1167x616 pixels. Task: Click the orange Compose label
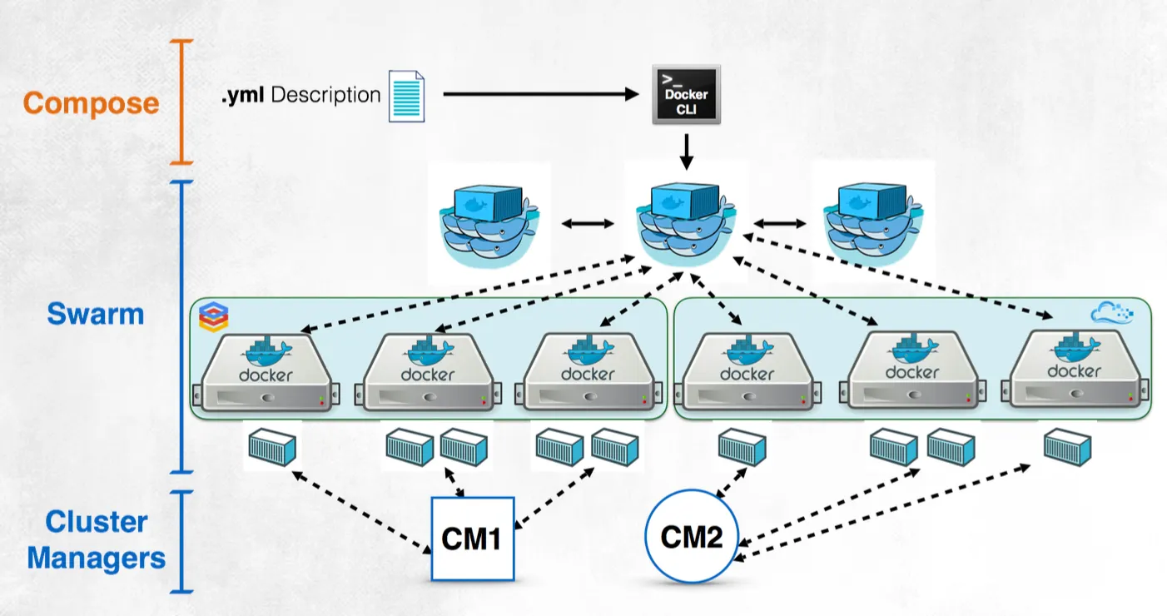pyautogui.click(x=91, y=103)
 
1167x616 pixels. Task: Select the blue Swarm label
pyautogui.click(x=95, y=315)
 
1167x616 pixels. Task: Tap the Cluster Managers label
pyautogui.click(x=96, y=539)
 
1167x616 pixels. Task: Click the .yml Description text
pyautogui.click(x=300, y=95)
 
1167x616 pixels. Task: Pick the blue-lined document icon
pyautogui.click(x=406, y=95)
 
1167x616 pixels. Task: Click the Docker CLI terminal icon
pyautogui.click(x=686, y=95)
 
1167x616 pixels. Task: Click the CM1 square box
pyautogui.click(x=473, y=539)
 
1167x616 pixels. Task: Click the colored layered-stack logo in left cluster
pyautogui.click(x=214, y=316)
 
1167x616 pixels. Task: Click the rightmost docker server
pyautogui.click(x=1074, y=371)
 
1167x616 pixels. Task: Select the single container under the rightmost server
pyautogui.click(x=1069, y=445)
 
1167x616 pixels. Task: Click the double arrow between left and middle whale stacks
pyautogui.click(x=588, y=224)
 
